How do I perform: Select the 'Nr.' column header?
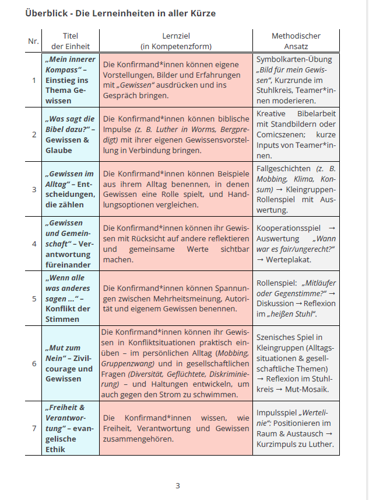[x=33, y=41]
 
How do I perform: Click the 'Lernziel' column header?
[x=175, y=36]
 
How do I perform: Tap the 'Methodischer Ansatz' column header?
[x=296, y=41]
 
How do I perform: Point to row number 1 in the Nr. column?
[x=33, y=80]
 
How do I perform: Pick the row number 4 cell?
[x=33, y=244]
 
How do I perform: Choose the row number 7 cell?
[x=33, y=428]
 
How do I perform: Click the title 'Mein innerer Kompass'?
[x=70, y=64]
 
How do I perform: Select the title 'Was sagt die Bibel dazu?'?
[x=69, y=123]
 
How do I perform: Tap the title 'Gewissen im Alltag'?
[x=69, y=174]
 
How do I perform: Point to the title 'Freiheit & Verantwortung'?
[x=66, y=412]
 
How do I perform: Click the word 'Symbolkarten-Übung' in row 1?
[x=294, y=59]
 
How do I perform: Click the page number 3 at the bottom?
[x=178, y=485]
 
